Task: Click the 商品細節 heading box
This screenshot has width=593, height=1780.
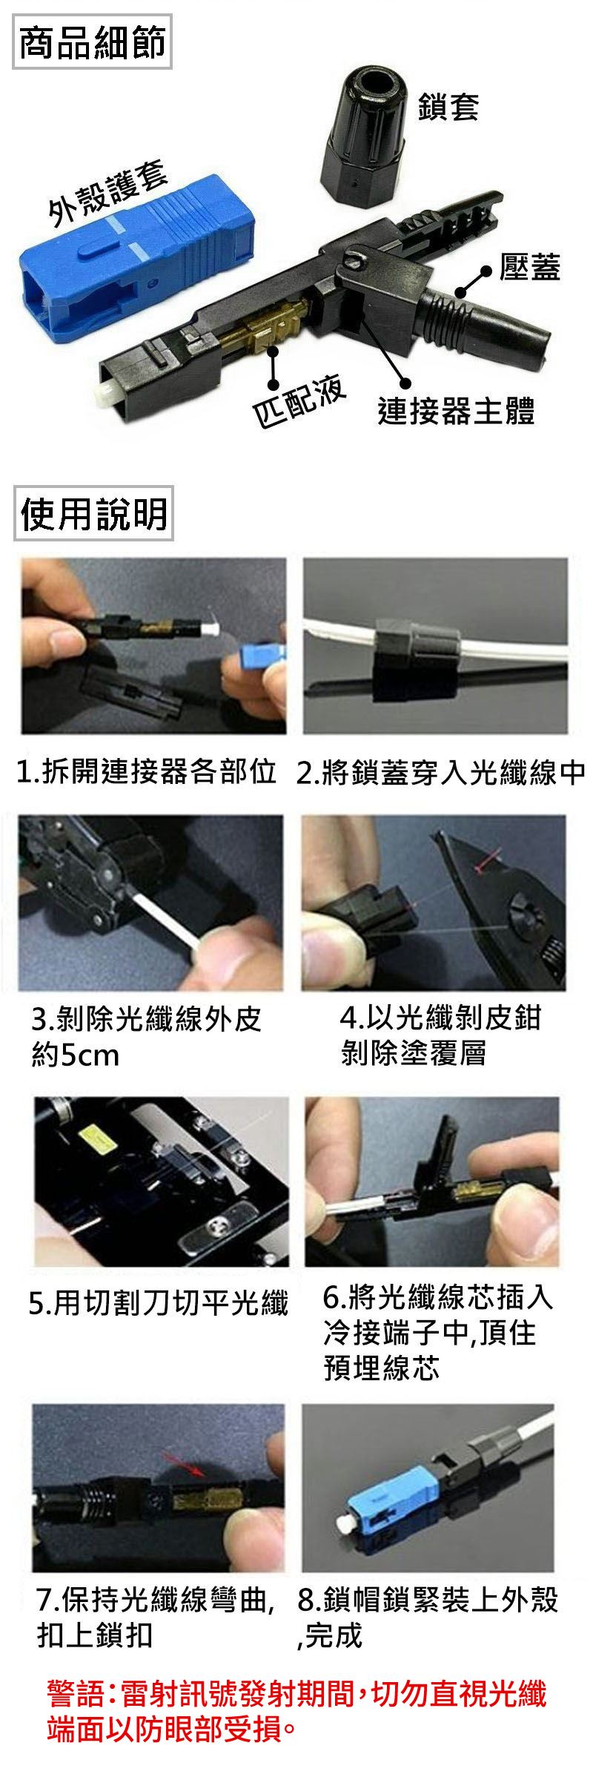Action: tap(93, 42)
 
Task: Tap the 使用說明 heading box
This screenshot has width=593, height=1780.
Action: tap(93, 514)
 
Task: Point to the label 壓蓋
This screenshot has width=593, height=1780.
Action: tap(529, 268)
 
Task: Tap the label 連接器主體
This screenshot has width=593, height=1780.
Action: tap(456, 410)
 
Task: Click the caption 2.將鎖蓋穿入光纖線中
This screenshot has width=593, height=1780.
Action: tap(441, 773)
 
